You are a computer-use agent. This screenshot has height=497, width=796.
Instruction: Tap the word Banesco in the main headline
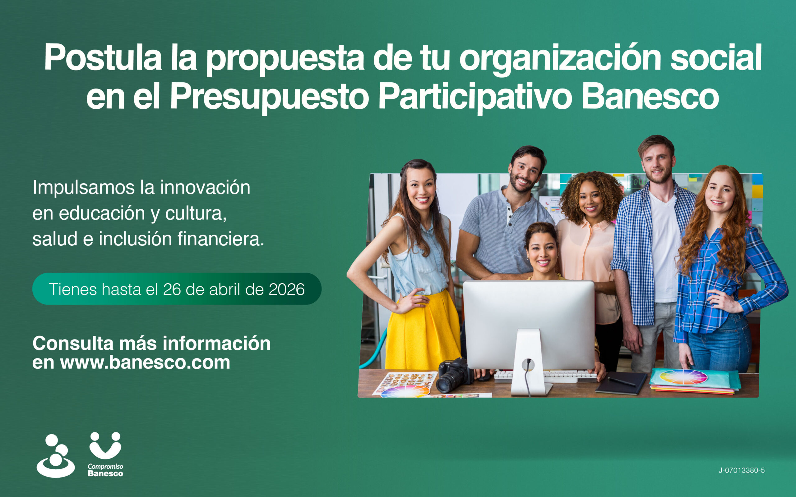click(650, 97)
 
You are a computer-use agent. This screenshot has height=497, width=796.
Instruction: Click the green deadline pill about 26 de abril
click(177, 289)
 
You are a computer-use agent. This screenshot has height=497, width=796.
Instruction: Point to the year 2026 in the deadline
click(286, 289)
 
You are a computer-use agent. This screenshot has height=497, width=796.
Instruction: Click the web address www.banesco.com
click(145, 362)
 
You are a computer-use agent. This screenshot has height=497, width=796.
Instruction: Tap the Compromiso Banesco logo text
click(105, 470)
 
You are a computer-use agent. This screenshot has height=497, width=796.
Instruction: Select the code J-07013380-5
click(741, 470)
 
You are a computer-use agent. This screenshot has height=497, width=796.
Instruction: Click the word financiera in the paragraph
click(221, 239)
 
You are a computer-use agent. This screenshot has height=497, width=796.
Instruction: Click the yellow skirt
click(422, 332)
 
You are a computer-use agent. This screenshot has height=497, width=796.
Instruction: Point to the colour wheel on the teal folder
click(683, 377)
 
